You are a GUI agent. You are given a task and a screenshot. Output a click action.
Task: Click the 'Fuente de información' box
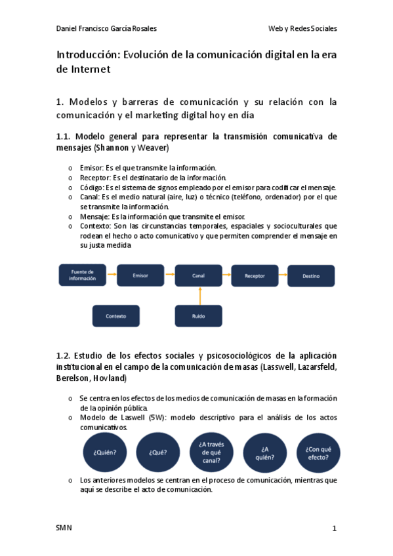point(82,275)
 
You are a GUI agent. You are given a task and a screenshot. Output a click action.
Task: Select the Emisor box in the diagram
point(140,275)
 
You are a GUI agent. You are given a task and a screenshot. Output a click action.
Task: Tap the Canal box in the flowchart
point(198,275)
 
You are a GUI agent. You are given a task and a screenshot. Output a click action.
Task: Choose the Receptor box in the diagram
point(255,275)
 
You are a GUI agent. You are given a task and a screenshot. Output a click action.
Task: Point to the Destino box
point(311,275)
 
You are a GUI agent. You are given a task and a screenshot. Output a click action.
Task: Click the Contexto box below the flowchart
point(115,315)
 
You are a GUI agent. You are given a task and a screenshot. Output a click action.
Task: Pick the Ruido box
point(198,315)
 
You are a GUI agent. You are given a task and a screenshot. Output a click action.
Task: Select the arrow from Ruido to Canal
point(198,296)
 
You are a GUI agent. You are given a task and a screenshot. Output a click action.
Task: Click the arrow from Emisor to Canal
point(169,275)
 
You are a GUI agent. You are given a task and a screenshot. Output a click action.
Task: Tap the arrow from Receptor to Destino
point(283,275)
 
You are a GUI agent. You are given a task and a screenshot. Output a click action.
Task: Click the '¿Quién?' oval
point(105,452)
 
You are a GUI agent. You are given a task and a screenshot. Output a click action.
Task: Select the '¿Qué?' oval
point(157,452)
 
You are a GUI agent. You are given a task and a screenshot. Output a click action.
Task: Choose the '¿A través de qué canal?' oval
point(211,452)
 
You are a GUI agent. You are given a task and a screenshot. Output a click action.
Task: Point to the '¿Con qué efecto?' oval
point(317,452)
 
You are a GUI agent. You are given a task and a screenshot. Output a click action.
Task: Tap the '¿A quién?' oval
point(265,452)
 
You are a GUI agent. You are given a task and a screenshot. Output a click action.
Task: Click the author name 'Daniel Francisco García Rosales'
point(107,29)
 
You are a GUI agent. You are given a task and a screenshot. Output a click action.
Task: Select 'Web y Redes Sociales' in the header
point(302,29)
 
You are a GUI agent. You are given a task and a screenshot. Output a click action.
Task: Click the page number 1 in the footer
point(334,528)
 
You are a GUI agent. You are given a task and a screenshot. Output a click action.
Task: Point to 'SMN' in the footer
point(64,528)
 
